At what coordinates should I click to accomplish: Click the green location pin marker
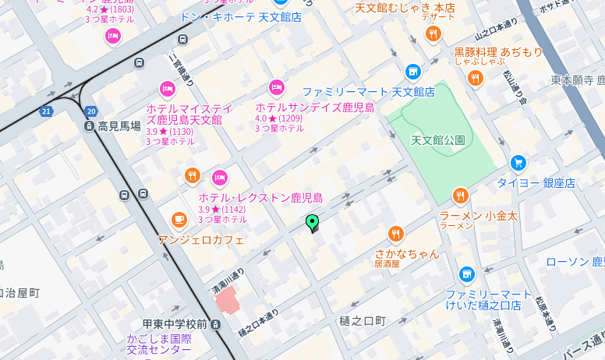pyautogui.click(x=313, y=224)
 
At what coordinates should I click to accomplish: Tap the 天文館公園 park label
pyautogui.click(x=437, y=140)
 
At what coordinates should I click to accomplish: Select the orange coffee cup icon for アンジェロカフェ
pyautogui.click(x=179, y=220)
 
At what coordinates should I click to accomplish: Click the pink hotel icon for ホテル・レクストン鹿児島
pyautogui.click(x=221, y=178)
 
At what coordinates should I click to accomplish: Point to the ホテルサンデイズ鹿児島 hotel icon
pyautogui.click(x=276, y=87)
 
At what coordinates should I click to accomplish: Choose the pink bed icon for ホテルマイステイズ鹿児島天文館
pyautogui.click(x=167, y=89)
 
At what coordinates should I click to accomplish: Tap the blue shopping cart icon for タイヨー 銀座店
pyautogui.click(x=518, y=163)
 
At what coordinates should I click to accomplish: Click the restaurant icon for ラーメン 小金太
pyautogui.click(x=460, y=196)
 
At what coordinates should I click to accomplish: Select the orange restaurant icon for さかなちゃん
pyautogui.click(x=396, y=233)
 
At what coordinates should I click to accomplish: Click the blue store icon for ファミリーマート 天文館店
pyautogui.click(x=413, y=72)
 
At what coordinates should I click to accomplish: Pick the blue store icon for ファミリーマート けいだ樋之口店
pyautogui.click(x=466, y=274)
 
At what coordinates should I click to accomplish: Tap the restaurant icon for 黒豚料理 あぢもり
pyautogui.click(x=475, y=78)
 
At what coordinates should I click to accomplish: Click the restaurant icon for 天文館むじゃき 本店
pyautogui.click(x=433, y=34)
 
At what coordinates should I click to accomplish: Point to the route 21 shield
pyautogui.click(x=46, y=111)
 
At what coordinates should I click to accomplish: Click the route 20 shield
pyautogui.click(x=91, y=111)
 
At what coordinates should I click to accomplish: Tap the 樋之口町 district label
pyautogui.click(x=363, y=321)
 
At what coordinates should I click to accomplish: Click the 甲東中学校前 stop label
pyautogui.click(x=175, y=324)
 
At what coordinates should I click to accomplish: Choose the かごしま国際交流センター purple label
pyautogui.click(x=159, y=344)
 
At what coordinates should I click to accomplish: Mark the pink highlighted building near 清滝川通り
pyautogui.click(x=228, y=300)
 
